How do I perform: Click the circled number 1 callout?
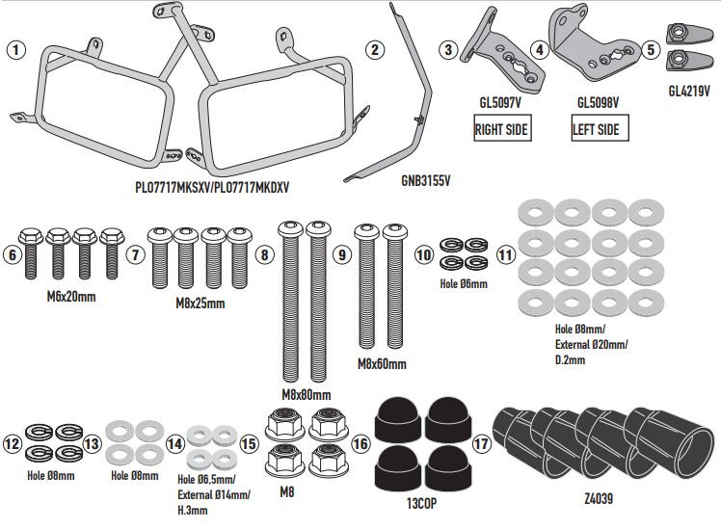16,50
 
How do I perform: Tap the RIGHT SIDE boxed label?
501,128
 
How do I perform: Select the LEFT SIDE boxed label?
600,128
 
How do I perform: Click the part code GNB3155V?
426,180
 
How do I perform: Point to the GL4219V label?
689,91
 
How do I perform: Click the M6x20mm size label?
71,297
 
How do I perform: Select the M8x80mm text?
307,394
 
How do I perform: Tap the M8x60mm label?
382,364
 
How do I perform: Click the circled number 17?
481,443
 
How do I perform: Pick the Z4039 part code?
599,498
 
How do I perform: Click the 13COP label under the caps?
421,503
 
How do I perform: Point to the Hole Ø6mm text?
464,283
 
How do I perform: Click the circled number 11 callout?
505,254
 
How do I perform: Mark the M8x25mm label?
200,304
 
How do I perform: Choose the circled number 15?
249,443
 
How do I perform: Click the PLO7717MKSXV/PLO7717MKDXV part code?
212,188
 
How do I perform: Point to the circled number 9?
341,254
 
